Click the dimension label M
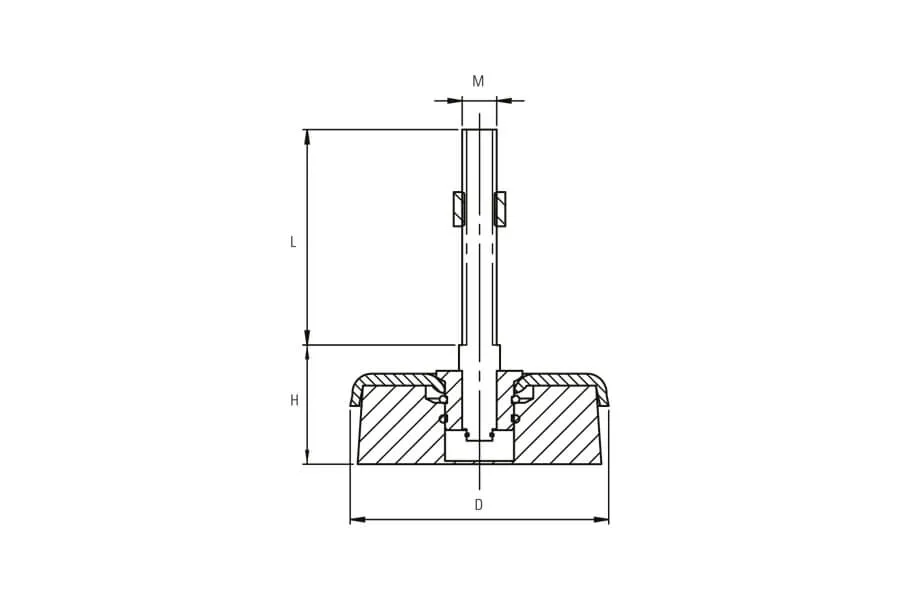click(478, 82)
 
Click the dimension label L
click(293, 242)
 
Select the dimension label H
click(294, 400)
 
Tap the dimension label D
click(479, 505)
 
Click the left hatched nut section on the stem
click(458, 208)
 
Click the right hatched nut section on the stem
click(500, 208)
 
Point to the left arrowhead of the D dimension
click(358, 520)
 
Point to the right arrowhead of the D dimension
click(601, 520)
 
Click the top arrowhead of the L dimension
click(307, 137)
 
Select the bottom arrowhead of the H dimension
click(307, 456)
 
